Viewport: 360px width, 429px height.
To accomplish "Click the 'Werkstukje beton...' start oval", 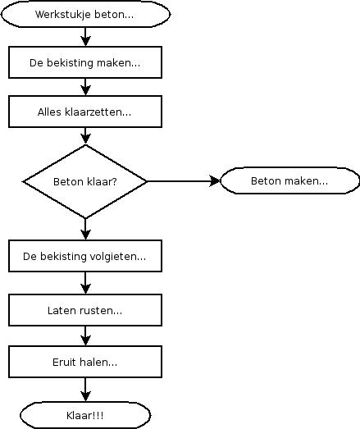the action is click(85, 14).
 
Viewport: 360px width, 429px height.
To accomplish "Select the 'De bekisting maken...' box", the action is click(85, 62).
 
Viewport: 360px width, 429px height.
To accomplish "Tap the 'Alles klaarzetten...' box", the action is click(85, 112).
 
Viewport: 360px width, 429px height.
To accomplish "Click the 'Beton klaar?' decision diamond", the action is click(85, 181).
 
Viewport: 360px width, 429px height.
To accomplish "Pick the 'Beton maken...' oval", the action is click(289, 180).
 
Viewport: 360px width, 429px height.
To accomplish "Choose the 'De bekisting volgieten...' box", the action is click(85, 256).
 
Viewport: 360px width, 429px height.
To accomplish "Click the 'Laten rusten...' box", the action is click(85, 310).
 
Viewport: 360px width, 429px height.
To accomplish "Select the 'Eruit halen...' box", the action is click(85, 362).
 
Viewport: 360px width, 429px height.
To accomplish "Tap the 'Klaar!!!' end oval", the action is click(85, 415).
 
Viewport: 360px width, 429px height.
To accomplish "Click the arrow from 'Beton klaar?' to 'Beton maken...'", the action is click(184, 181).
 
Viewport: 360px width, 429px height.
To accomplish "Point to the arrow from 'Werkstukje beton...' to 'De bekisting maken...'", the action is click(85, 37).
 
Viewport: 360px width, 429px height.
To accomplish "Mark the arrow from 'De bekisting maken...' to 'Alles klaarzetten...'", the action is click(85, 87).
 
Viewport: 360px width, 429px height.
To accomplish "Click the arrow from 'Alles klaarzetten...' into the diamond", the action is click(85, 136).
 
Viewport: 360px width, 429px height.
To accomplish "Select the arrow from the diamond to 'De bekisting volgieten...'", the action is click(85, 230).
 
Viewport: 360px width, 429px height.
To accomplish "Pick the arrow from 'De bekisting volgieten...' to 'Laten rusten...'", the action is click(85, 283).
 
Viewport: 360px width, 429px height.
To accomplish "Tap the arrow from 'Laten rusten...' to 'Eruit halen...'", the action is click(85, 336).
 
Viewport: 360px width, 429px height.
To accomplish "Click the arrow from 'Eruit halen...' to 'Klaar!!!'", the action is click(85, 390).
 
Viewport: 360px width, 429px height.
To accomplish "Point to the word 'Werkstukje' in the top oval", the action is click(63, 15).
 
